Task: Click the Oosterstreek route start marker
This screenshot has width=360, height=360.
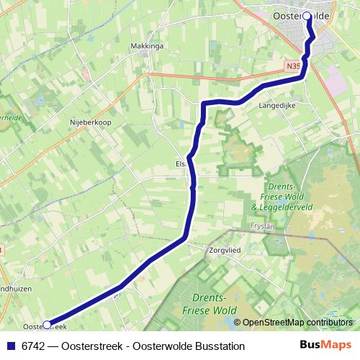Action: (48, 325)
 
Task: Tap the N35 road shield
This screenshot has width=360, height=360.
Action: (292, 66)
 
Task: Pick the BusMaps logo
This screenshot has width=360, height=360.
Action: (328, 346)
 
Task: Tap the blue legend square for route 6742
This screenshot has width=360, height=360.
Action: (11, 346)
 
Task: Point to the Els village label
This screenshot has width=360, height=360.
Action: (181, 163)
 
